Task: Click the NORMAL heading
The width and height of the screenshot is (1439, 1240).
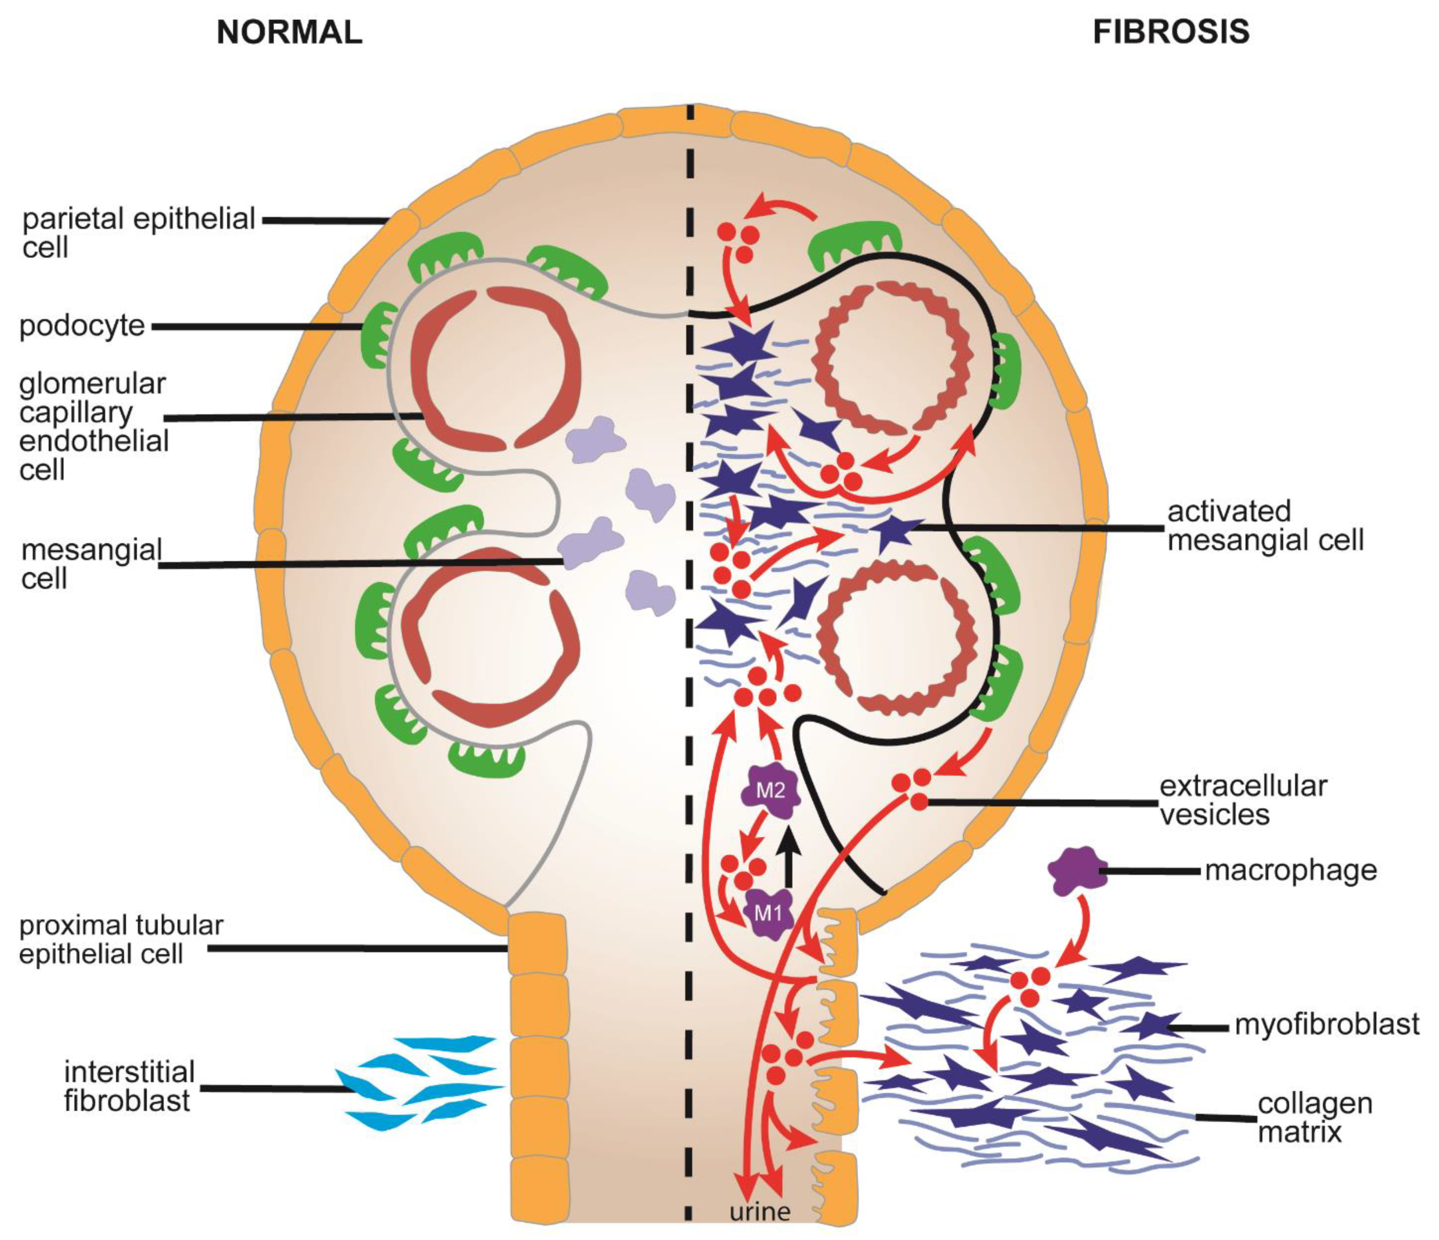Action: click(289, 33)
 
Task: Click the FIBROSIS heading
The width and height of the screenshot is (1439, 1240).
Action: click(1171, 33)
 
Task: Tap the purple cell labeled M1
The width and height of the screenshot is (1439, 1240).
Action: click(768, 914)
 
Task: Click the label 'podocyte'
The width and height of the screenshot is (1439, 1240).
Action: click(82, 326)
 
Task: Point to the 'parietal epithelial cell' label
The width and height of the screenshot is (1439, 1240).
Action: click(139, 233)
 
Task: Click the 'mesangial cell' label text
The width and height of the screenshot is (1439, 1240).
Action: click(90, 564)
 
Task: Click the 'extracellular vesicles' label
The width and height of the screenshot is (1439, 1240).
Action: click(1243, 801)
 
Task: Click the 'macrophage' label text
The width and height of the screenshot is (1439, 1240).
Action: click(1290, 870)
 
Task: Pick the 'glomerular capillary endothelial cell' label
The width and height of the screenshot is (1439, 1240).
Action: click(94, 426)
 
